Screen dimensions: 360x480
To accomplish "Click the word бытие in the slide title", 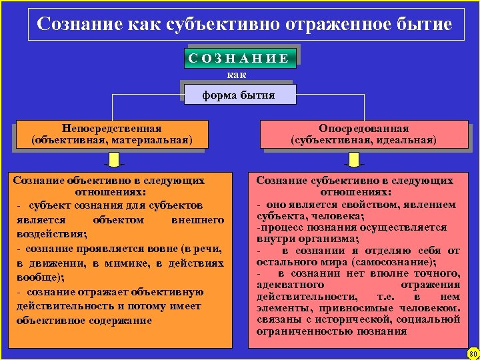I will tap(425, 25).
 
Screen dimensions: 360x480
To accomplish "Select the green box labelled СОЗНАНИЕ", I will tap(239, 58).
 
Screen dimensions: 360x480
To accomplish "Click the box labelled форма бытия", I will tap(239, 95).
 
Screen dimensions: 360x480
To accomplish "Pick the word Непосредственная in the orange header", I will tap(111, 128).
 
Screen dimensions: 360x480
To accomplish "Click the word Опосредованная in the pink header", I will tap(363, 128).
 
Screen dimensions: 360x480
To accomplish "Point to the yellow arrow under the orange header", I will tap(115, 160).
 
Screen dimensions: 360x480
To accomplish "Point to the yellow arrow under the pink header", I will tap(353, 160).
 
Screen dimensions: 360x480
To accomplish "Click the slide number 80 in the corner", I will tap(473, 353).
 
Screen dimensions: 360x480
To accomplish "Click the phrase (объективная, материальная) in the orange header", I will tap(111, 141).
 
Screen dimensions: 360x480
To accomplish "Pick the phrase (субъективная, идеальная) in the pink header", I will tap(363, 141).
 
